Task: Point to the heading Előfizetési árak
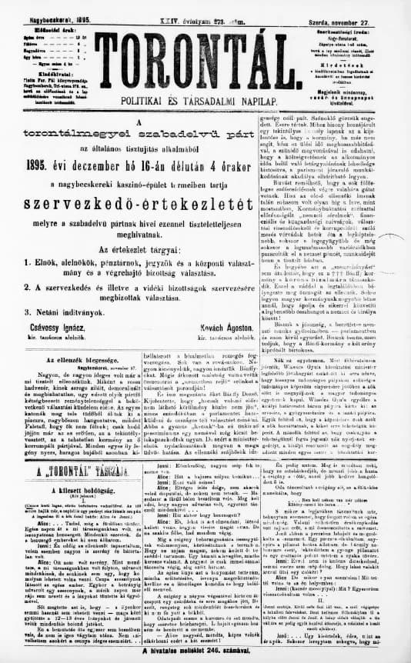pyautogui.click(x=33, y=15)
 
